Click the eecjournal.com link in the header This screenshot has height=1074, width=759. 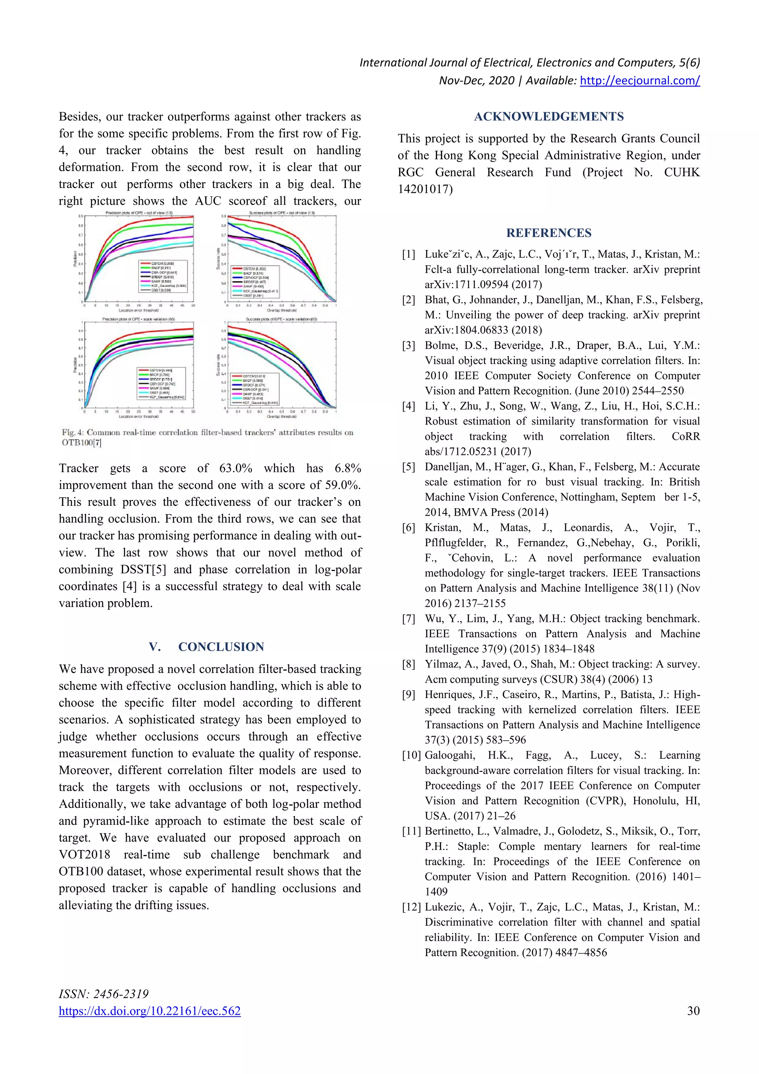pos(639,80)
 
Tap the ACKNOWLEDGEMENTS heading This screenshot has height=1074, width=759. pos(548,116)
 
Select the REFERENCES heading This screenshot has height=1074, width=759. pos(548,233)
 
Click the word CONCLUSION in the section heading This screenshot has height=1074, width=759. pos(221,647)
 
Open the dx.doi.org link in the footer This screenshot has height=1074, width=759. pos(150,1011)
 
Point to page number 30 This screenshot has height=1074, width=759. pos(693,1011)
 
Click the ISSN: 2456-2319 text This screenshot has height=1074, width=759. pos(104,994)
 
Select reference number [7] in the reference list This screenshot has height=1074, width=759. pos(408,618)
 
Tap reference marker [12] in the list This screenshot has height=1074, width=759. pos(411,907)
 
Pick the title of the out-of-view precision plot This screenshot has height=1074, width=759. pos(139,213)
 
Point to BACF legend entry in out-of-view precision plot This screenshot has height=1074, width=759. pos(161,268)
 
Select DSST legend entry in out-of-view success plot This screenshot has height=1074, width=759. pos(253,295)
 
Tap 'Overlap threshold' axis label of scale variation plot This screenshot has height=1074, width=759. pos(282,416)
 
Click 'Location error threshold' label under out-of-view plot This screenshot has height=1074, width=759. pos(139,310)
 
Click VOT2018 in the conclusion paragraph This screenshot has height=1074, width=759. pos(84,855)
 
